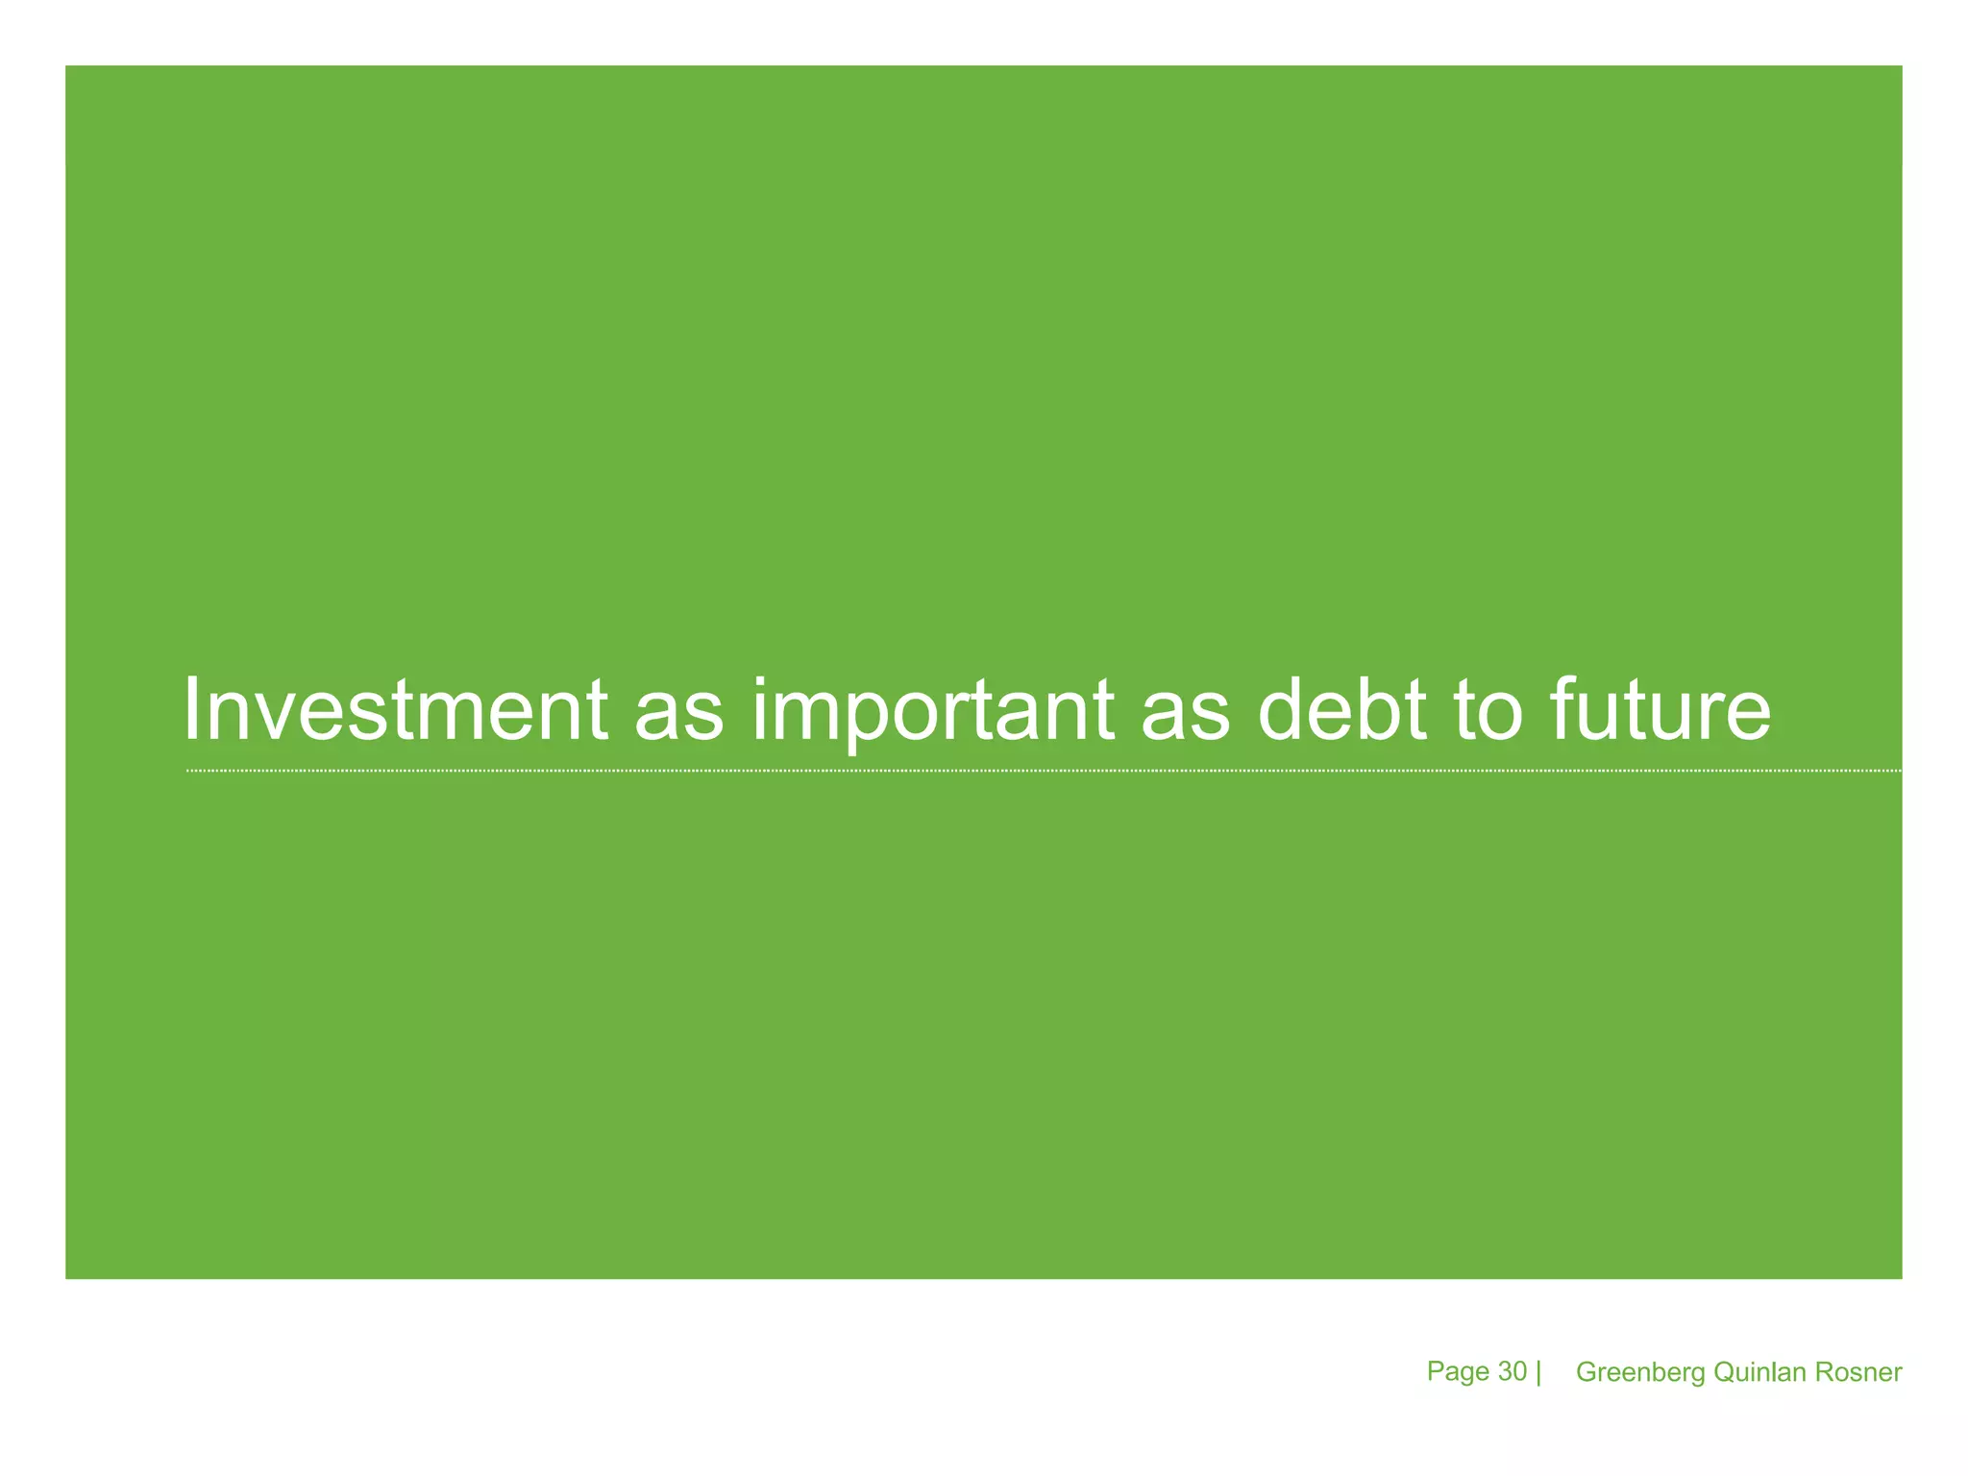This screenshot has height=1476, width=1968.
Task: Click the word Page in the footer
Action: click(x=1458, y=1372)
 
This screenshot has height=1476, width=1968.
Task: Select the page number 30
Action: click(x=1513, y=1371)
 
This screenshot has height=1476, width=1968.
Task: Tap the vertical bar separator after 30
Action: click(x=1538, y=1372)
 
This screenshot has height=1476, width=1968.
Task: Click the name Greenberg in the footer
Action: click(x=1640, y=1373)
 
